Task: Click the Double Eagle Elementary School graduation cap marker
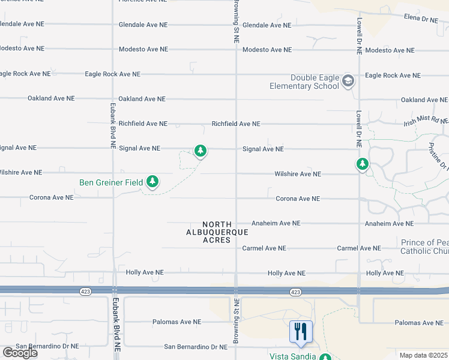[x=348, y=80]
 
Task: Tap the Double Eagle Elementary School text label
[x=315, y=82]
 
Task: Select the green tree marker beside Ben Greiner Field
[x=152, y=181]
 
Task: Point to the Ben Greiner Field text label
[x=112, y=182]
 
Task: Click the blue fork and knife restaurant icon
[x=301, y=331]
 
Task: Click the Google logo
[x=20, y=353]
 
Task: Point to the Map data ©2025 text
[x=423, y=355]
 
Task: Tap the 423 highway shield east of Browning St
[x=295, y=292]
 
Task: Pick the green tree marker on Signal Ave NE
[x=200, y=151]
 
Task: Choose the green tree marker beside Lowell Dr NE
[x=362, y=163]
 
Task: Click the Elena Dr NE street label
[x=421, y=19]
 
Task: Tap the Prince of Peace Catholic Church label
[x=425, y=247]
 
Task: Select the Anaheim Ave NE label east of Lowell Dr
[x=389, y=224]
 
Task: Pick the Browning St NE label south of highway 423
[x=237, y=325]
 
